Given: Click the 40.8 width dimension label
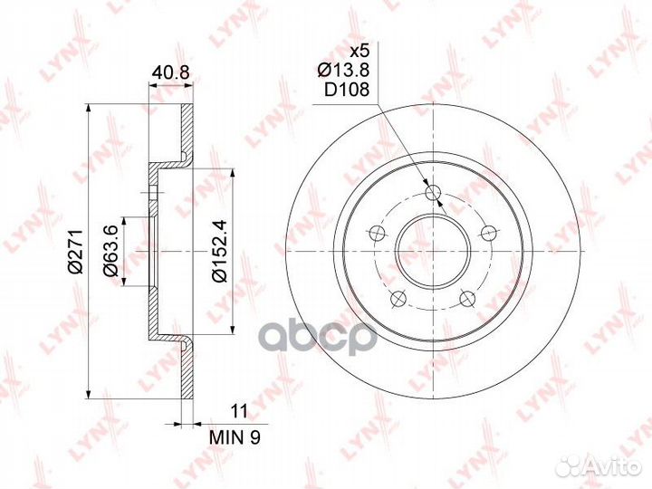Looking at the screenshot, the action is click(x=170, y=72).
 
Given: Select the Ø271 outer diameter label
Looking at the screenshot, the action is click(x=76, y=251).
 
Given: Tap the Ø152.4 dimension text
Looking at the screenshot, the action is click(x=220, y=251).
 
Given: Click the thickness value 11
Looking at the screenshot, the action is click(x=239, y=411).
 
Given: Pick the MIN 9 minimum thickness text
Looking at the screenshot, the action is click(x=235, y=437).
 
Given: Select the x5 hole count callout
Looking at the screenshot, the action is click(x=360, y=52).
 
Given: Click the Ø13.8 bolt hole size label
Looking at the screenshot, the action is click(x=343, y=71).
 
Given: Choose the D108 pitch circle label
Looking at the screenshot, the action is click(x=347, y=90).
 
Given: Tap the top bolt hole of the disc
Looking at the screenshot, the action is click(x=433, y=192).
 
